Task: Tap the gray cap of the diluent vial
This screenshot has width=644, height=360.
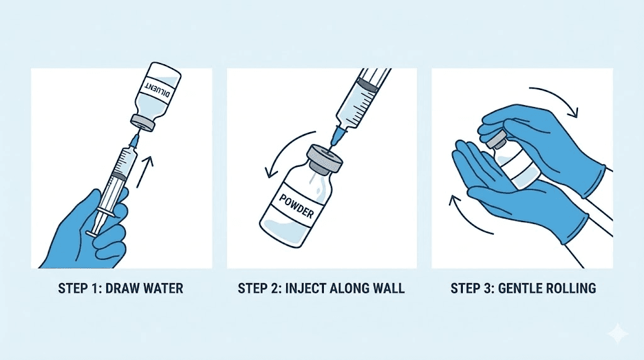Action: click(143, 123)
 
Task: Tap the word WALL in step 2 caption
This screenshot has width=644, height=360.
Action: click(389, 289)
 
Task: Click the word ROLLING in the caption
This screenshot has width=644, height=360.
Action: click(570, 289)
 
